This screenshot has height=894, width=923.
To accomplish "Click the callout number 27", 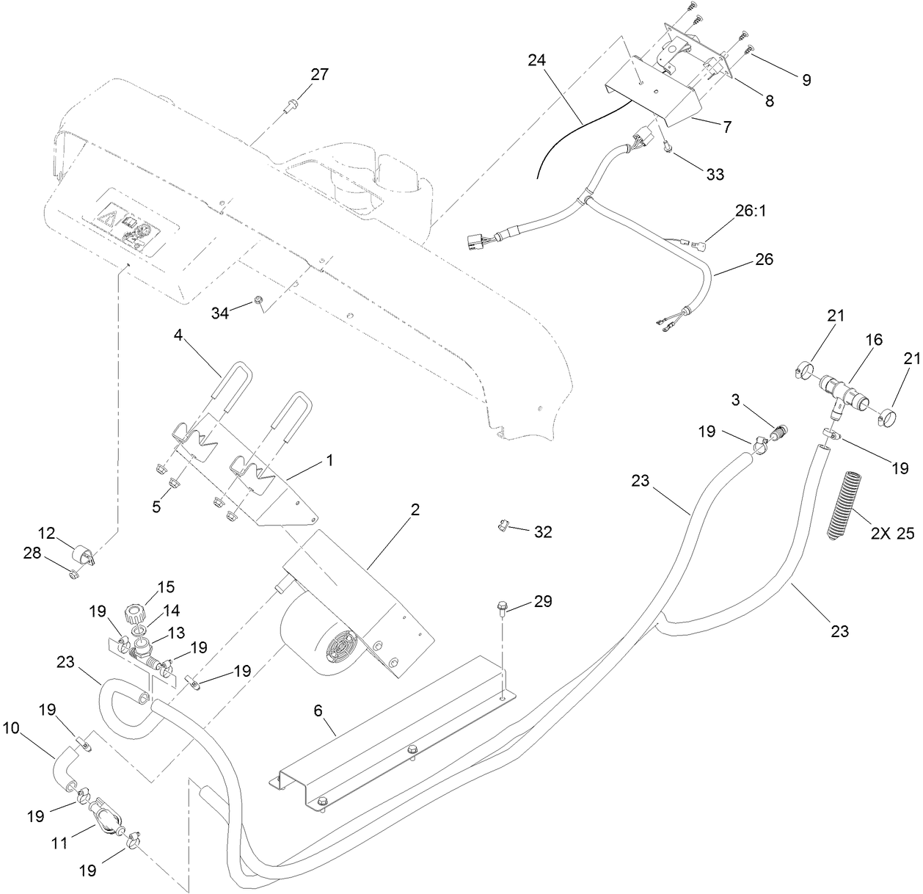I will click(319, 74).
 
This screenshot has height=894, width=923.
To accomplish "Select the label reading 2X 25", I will click(892, 534).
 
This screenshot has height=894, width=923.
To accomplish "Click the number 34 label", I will click(220, 313).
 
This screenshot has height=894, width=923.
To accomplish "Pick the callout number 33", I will click(714, 174).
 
